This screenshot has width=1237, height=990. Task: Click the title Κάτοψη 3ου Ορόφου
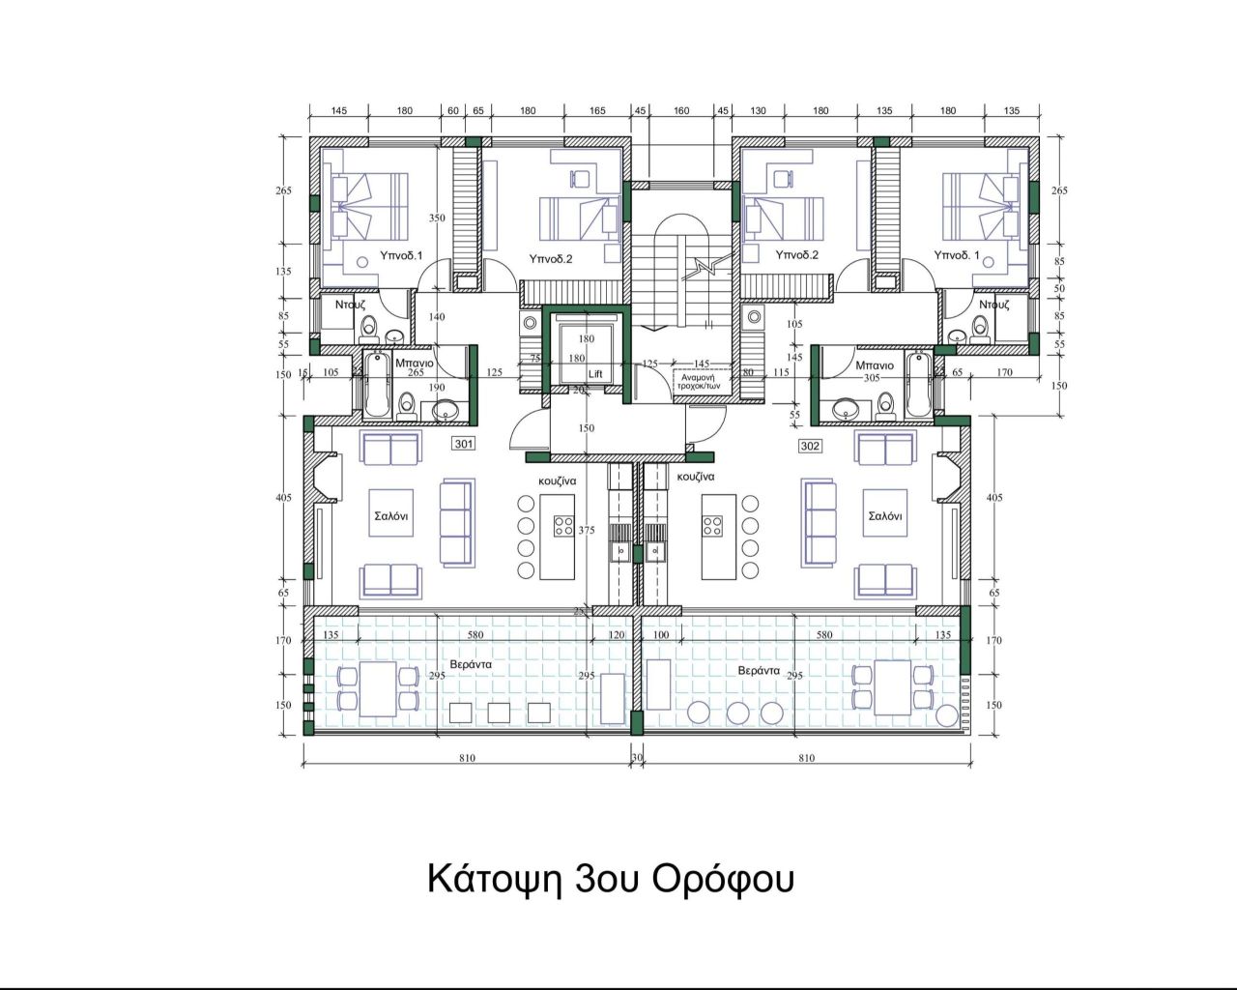pos(611,879)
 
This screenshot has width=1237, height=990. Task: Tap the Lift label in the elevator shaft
pos(595,373)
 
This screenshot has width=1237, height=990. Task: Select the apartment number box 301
pos(464,445)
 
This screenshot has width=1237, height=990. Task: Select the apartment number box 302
pos(810,446)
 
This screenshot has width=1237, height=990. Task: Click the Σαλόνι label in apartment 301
pos(390,516)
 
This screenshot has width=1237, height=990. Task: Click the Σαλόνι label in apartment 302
pos(885,516)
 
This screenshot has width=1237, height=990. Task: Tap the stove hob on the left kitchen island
pos(561,526)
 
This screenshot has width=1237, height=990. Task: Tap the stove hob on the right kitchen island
pos(713,526)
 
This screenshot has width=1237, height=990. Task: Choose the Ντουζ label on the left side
pos(350,304)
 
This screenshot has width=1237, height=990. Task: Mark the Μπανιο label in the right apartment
pos(875,365)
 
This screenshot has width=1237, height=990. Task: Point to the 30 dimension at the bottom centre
pos(637,758)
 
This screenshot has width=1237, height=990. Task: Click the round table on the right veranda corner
pos(947,716)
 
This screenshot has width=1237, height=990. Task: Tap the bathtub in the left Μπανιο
pos(376,385)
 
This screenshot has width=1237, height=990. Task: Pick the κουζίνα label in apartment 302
pos(696,478)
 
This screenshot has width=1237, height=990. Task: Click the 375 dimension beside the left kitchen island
pos(586,531)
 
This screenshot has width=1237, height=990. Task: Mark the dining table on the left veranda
pos(378,687)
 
